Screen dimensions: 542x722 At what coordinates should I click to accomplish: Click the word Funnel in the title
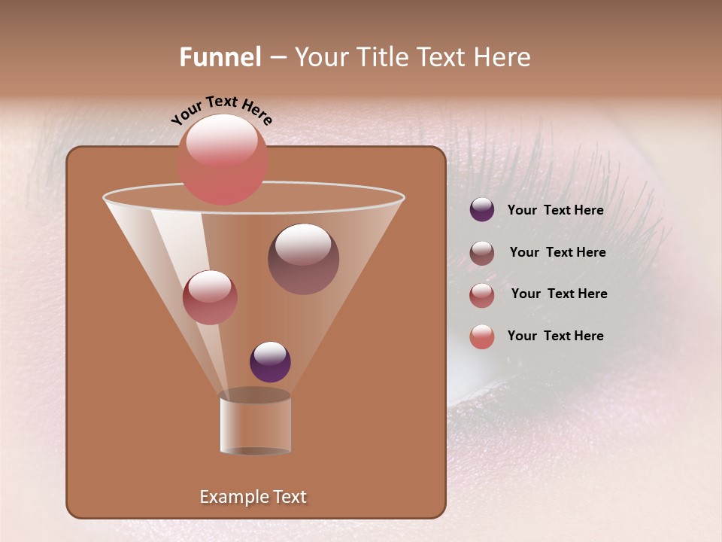220,57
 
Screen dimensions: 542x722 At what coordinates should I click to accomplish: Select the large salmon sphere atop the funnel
222,159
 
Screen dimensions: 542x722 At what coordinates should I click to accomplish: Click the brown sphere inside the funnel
303,259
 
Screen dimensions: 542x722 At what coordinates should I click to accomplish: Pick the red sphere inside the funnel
210,297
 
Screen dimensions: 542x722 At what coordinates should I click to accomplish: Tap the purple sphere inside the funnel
270,362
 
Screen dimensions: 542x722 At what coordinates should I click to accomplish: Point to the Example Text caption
253,497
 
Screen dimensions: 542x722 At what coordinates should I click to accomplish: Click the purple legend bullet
482,210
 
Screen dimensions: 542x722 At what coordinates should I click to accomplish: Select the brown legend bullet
482,253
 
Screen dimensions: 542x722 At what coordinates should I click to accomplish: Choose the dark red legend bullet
482,295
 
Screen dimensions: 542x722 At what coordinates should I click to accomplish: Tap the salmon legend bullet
482,336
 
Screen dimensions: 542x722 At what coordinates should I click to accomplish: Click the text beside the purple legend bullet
555,211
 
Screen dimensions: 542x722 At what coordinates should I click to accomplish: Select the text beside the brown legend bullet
557,253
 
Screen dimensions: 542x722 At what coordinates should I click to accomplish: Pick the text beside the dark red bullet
559,294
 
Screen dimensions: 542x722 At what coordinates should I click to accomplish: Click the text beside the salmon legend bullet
555,336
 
